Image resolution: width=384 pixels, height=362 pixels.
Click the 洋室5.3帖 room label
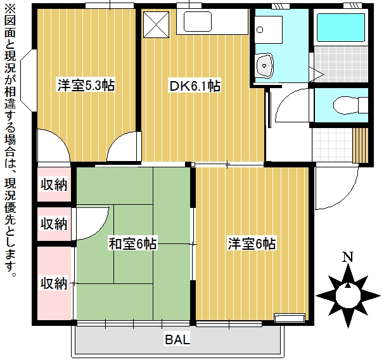click(86, 86)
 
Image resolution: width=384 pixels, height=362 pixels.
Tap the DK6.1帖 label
click(194, 86)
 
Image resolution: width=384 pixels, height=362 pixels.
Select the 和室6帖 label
click(132, 243)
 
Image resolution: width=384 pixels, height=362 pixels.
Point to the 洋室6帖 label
click(252, 243)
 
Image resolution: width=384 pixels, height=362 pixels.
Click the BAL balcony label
click(177, 340)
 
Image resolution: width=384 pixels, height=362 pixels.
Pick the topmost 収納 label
click(54, 185)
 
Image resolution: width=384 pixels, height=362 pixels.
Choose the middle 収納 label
click(54, 224)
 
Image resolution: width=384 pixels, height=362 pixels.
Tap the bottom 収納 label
click(54, 283)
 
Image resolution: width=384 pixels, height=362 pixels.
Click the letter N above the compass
click(347, 257)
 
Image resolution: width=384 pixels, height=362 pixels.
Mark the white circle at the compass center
click(347, 294)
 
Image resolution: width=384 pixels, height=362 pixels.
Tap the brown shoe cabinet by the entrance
click(360, 145)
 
